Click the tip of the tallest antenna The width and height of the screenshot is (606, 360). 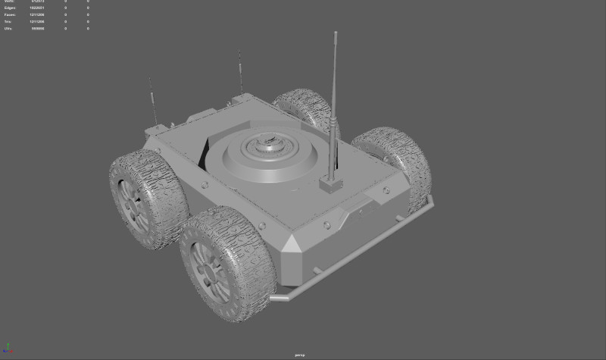(334, 33)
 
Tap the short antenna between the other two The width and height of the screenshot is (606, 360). (240, 72)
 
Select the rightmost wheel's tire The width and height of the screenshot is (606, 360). (393, 163)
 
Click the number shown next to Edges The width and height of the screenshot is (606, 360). (37, 8)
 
